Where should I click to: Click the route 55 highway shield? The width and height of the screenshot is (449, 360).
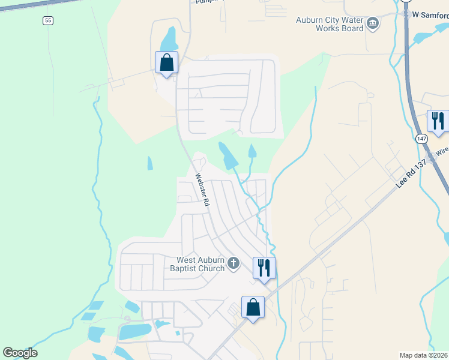point(48,20)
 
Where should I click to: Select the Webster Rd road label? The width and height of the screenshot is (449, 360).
point(202,190)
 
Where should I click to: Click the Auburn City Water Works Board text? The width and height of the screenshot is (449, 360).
point(330,24)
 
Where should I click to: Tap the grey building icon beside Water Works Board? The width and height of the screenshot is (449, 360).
point(373,24)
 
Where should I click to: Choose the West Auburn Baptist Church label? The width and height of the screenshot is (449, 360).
point(200,264)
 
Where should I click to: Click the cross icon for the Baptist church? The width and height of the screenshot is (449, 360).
point(234,263)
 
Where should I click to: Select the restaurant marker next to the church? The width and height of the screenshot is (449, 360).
point(264,267)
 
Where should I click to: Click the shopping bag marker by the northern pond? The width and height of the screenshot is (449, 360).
point(166,62)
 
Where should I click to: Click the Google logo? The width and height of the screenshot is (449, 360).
point(20,353)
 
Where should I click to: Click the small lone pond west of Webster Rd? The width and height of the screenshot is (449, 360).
point(149,163)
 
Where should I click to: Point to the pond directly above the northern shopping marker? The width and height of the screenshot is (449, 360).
point(169,39)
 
